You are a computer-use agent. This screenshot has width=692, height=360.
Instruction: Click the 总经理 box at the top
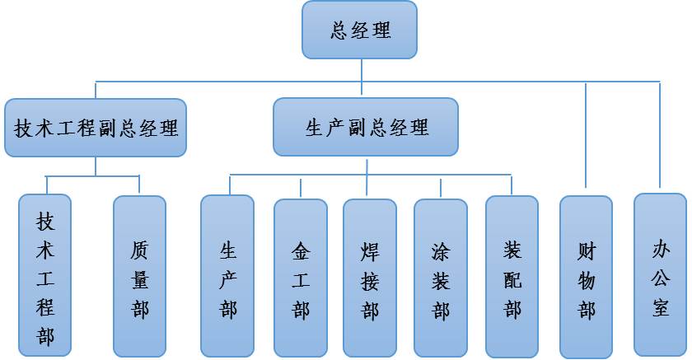359,30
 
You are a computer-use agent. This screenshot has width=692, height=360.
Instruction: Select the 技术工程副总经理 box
96,128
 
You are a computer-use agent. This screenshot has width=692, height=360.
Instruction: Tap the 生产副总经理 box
366,127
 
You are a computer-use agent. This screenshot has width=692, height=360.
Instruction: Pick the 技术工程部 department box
45,276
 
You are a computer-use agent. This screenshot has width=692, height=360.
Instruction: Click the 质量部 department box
140,276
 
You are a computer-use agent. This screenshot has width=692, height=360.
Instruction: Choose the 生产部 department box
227,276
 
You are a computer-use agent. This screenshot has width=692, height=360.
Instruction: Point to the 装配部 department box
512,276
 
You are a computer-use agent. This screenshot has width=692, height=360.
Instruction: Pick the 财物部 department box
587,276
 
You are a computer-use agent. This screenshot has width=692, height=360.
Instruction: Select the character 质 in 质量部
140,249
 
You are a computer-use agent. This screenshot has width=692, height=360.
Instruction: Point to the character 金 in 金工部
301,249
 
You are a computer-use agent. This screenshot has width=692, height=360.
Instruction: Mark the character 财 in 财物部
587,249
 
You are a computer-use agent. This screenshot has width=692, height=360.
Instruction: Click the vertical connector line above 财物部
586,136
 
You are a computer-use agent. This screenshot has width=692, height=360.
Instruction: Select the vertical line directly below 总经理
362,71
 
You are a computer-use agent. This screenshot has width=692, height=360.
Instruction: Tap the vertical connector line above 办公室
660,136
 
